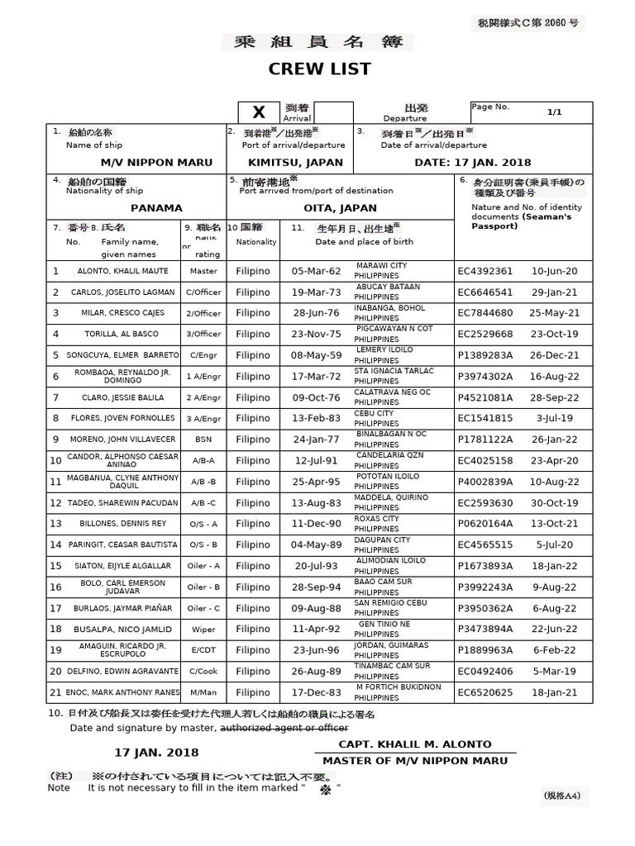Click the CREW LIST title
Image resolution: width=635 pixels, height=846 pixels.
(317, 69)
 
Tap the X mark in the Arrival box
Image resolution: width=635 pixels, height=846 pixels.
(259, 112)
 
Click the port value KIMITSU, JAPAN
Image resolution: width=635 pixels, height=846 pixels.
(284, 163)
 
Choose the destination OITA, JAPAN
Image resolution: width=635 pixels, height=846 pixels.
(341, 208)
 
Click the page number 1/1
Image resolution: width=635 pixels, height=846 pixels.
(554, 112)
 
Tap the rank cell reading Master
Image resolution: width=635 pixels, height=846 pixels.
(203, 271)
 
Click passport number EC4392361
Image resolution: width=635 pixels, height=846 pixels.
(485, 271)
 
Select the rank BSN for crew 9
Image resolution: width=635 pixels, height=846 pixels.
(203, 439)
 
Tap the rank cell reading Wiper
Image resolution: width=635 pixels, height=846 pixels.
(203, 629)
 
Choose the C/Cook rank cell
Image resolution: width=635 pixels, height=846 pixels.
(203, 671)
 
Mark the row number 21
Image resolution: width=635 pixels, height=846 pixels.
(56, 692)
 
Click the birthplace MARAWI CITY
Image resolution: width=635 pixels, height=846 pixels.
(381, 265)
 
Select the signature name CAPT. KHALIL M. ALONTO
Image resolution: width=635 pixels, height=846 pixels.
(415, 744)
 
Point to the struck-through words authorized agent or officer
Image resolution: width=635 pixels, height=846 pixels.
(283, 728)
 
